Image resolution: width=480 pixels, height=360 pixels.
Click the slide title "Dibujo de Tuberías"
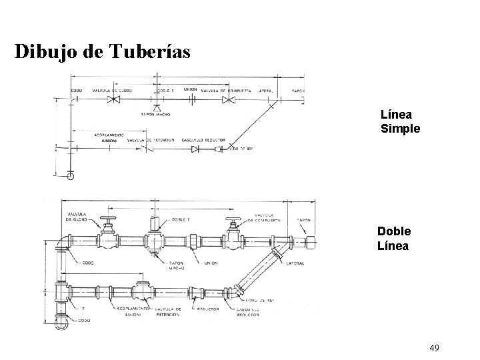103,51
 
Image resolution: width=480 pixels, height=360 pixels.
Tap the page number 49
435,347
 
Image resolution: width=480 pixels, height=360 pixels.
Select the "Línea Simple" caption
400,121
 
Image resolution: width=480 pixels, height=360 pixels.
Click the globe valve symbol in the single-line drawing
114,101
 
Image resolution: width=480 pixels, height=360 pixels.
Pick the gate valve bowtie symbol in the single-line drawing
229,101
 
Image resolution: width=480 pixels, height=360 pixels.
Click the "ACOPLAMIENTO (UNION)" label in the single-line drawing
107,137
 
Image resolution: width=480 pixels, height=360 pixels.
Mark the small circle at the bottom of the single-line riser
71,175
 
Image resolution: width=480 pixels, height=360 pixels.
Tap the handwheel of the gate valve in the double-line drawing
233,220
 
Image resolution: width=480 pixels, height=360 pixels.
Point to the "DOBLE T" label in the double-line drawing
181,219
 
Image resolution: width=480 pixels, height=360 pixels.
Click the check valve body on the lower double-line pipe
142,291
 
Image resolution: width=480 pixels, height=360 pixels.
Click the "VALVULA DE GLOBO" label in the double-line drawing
78,215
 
